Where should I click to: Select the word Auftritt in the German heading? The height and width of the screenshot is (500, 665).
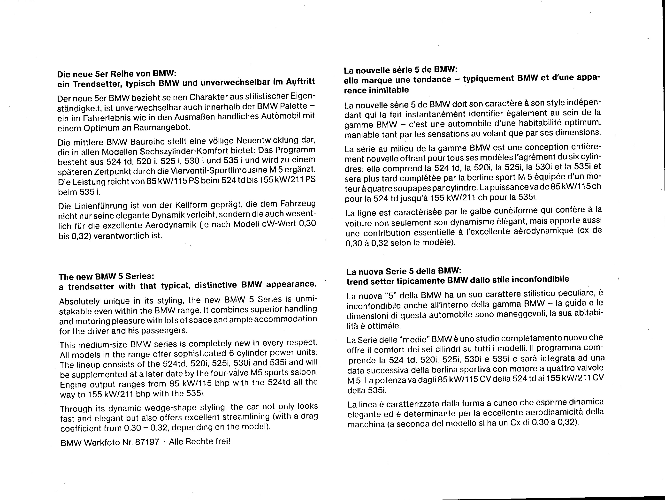click(x=300, y=81)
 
